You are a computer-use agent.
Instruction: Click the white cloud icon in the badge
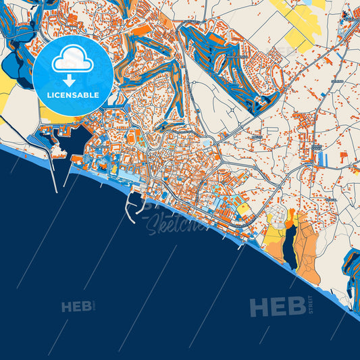[x=72, y=59]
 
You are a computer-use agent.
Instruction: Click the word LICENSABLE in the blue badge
[x=72, y=95]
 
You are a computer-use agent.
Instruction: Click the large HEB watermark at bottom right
[x=276, y=307]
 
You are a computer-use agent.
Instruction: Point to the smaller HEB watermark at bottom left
[x=76, y=307]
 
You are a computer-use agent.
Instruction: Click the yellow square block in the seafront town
[x=242, y=210]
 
